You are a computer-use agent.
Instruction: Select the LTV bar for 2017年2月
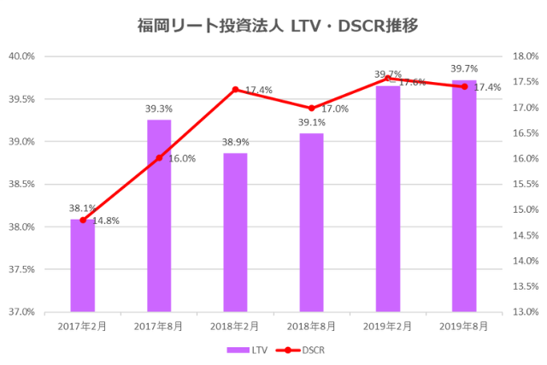[x=82, y=265]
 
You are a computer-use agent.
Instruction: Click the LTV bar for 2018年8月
[x=311, y=222]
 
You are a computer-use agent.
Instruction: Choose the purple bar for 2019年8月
[x=464, y=196]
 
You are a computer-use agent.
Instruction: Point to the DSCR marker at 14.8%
[x=83, y=221]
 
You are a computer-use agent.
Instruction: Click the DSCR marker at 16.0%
[x=159, y=158]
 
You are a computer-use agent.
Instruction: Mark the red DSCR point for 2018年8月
[x=311, y=108]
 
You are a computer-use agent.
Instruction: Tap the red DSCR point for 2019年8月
[x=464, y=87]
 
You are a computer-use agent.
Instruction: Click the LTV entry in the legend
[x=247, y=350]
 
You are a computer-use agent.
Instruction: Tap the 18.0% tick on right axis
[x=524, y=56]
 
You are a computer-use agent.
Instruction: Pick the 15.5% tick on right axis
[x=524, y=185]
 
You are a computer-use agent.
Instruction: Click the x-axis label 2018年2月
[x=235, y=326]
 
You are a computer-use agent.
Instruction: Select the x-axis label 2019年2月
[x=388, y=326]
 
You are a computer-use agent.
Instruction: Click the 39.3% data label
[x=159, y=109]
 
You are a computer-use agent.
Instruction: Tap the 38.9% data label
[x=235, y=142]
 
